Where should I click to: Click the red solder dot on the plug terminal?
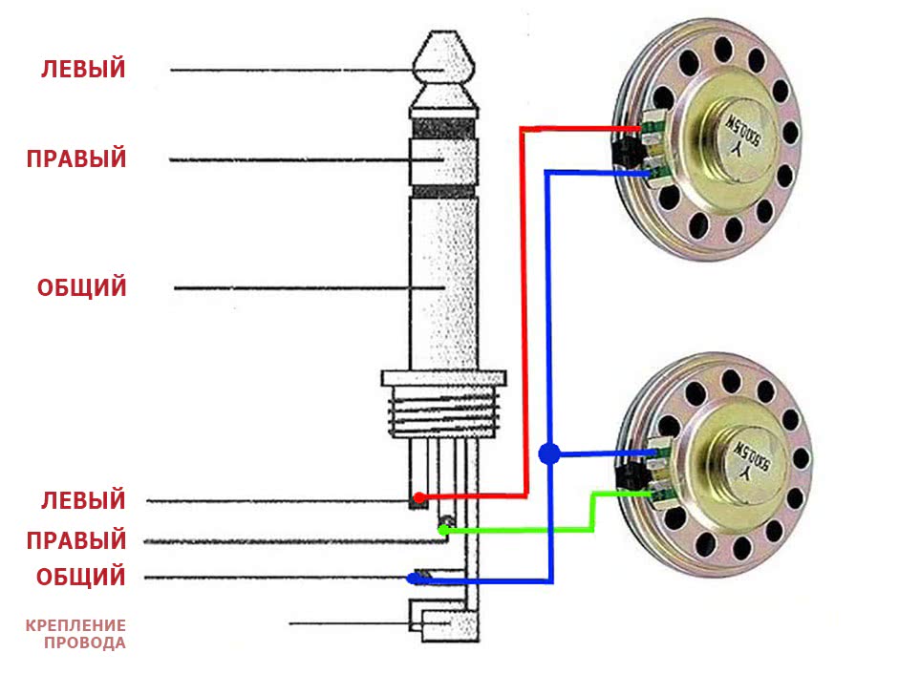(419, 497)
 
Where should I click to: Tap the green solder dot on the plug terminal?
(443, 528)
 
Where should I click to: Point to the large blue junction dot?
(548, 453)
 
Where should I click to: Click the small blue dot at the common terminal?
(414, 578)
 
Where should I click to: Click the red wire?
(523, 315)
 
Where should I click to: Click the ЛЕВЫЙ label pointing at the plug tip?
(83, 70)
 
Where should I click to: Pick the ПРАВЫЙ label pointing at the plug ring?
(76, 158)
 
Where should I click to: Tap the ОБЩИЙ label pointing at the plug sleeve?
(82, 287)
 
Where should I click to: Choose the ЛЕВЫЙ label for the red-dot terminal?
(83, 499)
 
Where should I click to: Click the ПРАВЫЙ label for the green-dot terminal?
(76, 539)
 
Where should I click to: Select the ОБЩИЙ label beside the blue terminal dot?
(81, 577)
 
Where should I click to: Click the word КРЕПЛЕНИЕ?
(75, 625)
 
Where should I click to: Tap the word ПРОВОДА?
(84, 643)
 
